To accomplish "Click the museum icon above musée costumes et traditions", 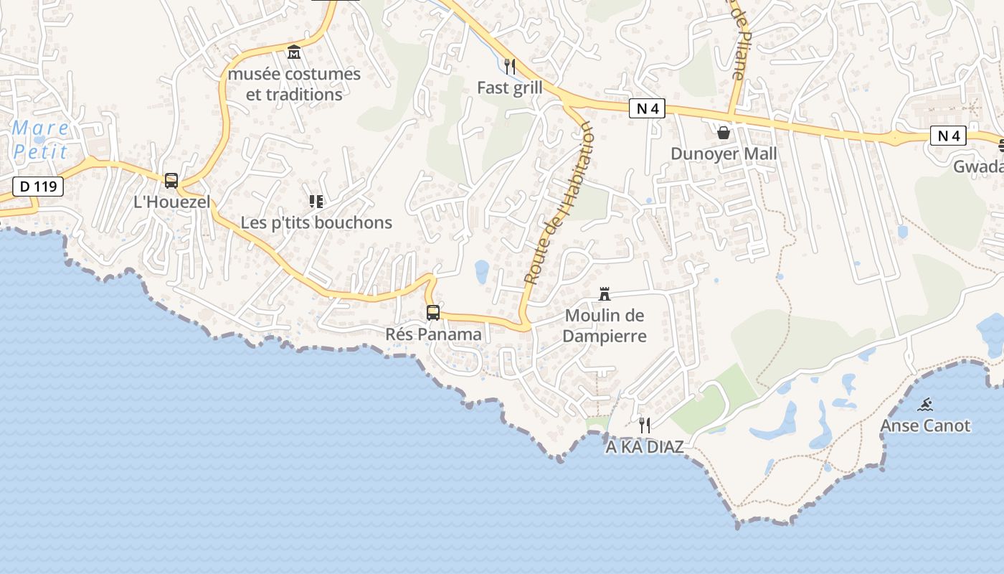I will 294,52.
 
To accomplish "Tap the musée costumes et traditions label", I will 294,84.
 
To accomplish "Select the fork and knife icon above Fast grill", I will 510,67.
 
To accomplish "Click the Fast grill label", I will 510,88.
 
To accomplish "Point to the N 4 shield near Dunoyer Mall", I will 647,108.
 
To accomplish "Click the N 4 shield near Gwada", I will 948,136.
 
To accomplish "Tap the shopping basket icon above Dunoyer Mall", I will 724,133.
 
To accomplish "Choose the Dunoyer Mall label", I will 724,154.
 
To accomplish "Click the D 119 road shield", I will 38,187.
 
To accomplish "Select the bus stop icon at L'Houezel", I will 171,181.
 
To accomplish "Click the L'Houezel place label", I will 172,202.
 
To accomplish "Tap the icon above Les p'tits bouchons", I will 316,202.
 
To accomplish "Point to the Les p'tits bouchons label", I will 316,222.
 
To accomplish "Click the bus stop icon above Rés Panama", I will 433,313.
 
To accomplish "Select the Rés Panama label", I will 433,334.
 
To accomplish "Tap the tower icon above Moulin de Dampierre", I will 605,293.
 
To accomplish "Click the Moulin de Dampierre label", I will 605,325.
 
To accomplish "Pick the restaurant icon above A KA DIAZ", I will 645,425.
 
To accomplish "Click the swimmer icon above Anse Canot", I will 925,405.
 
